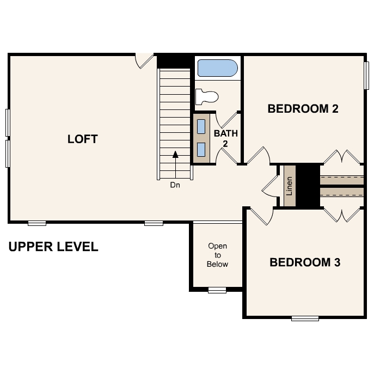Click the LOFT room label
(x=82, y=139)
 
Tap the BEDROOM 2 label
(x=303, y=108)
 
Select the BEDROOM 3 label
(x=305, y=262)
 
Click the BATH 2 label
(x=225, y=138)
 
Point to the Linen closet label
(x=289, y=186)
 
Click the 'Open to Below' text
(x=217, y=255)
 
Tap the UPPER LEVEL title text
(x=53, y=247)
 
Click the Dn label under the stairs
(x=175, y=185)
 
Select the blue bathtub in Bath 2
(x=217, y=69)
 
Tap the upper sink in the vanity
(x=201, y=126)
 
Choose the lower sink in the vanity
(x=201, y=149)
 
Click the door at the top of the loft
(x=144, y=60)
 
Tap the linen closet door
(x=270, y=186)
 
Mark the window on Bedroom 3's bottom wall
(x=305, y=318)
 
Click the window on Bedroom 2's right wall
(x=366, y=75)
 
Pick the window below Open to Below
(x=217, y=290)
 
